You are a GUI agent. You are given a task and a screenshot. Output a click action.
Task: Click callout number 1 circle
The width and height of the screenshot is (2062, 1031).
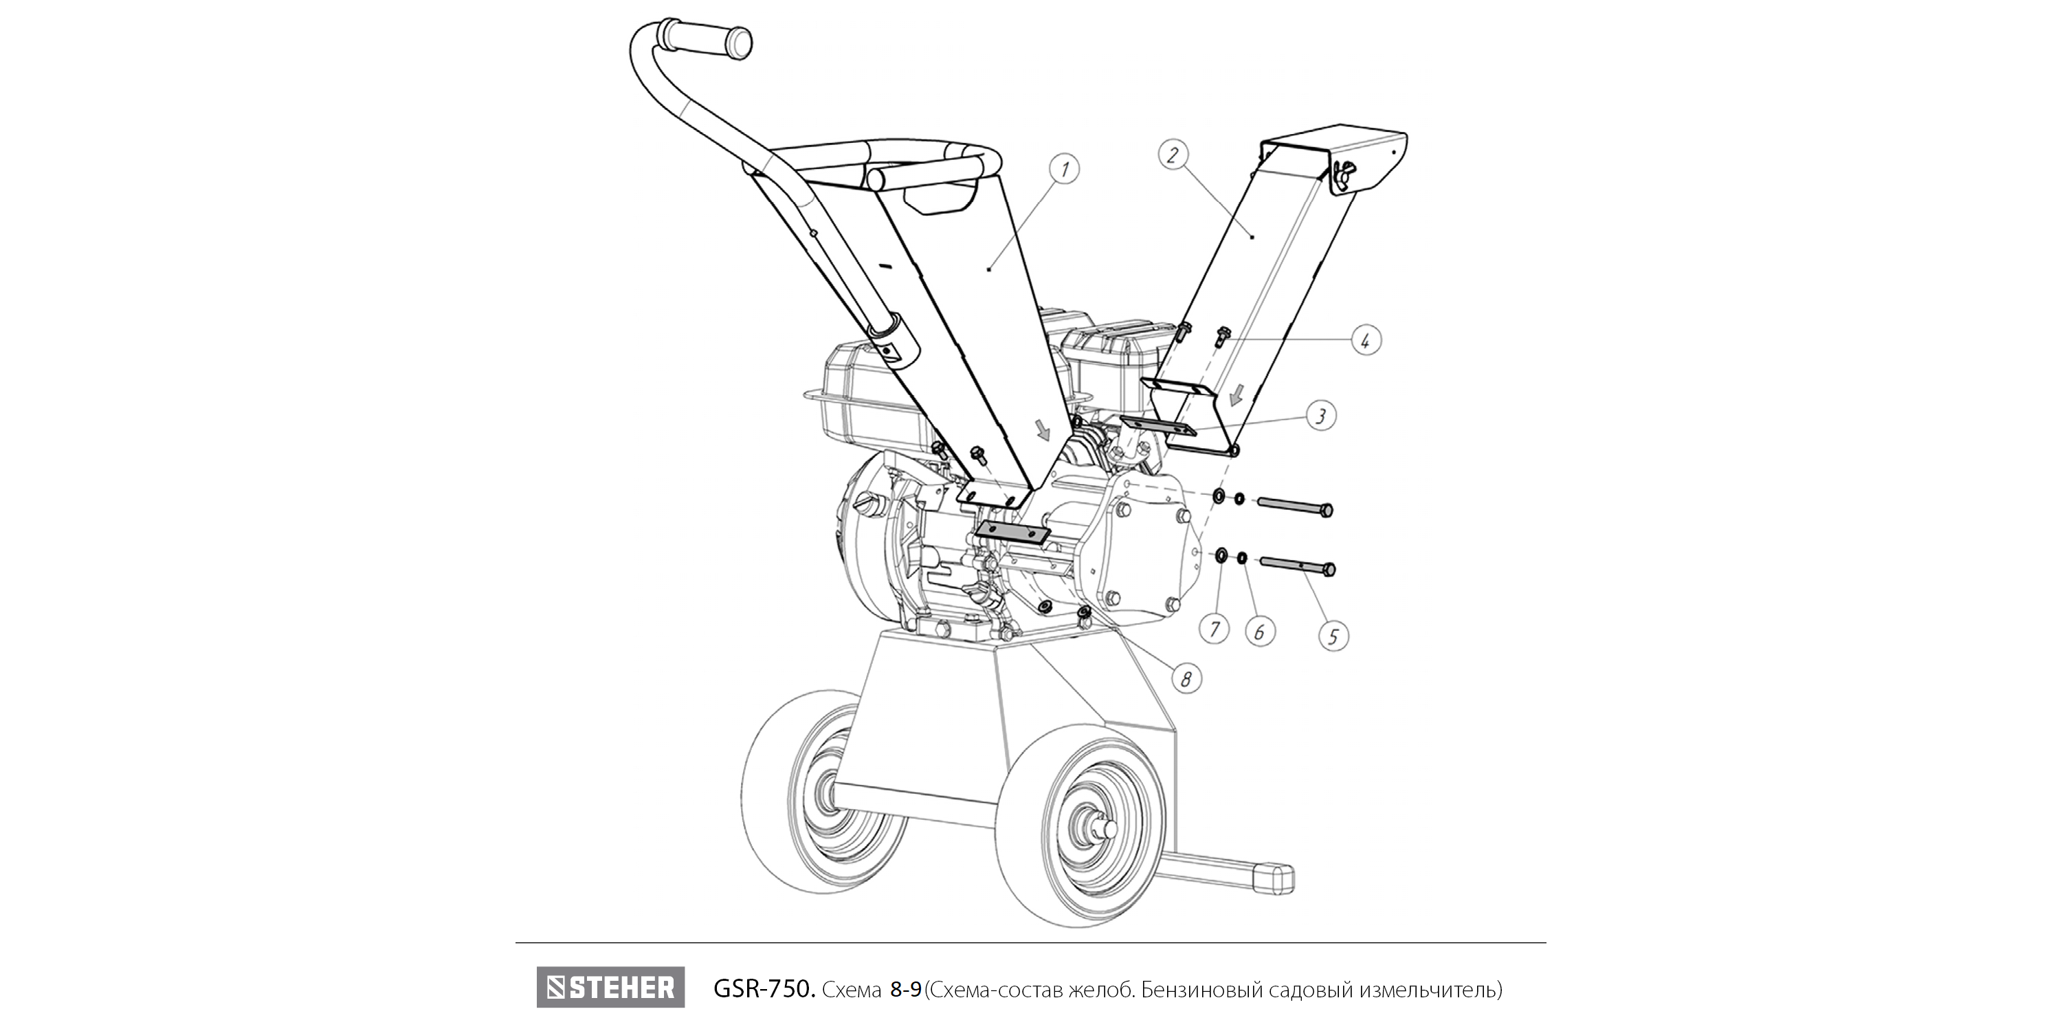coord(1064,169)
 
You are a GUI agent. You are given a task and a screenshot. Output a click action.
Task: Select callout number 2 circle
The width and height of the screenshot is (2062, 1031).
coord(1173,155)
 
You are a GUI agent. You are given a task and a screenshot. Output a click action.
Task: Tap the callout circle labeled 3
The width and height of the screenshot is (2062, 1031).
coord(1321,415)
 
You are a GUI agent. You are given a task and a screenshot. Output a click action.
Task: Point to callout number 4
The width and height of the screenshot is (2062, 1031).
coord(1366,340)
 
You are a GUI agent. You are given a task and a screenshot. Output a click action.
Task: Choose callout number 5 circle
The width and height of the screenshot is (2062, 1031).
coord(1333,636)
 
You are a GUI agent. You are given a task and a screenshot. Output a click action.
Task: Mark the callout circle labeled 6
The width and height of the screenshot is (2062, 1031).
coord(1260,632)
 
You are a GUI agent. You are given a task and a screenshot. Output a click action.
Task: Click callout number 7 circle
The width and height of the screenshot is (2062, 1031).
coord(1215,629)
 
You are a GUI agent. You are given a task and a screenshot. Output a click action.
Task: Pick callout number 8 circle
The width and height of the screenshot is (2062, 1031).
coord(1186,679)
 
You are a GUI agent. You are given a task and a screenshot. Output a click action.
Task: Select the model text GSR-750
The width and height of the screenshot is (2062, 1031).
coord(764,989)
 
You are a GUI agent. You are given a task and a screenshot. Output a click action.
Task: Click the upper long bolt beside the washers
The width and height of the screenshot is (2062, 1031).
coord(1294,506)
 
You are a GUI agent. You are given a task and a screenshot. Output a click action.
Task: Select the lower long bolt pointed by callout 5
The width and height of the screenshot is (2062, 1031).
coord(1298,565)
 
